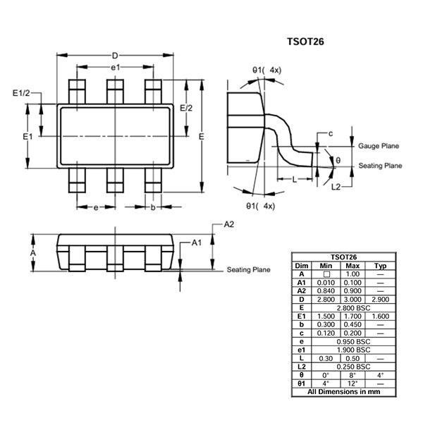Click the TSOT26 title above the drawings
point(305,42)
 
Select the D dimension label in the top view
point(115,56)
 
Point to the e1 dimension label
point(115,68)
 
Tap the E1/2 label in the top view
point(21,93)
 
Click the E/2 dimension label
point(186,108)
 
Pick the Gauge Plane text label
point(379,146)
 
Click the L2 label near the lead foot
point(336,187)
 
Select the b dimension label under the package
point(153,207)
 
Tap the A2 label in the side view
point(229,224)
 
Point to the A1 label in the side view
point(197,243)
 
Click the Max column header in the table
point(352,266)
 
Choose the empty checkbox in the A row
point(326,274)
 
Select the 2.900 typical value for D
point(380,300)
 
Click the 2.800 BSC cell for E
point(353,308)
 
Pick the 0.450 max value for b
point(352,324)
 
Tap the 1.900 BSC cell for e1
point(353,350)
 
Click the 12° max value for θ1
point(352,384)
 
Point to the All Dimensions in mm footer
point(344,392)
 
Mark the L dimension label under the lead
point(294,179)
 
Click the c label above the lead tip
point(331,133)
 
